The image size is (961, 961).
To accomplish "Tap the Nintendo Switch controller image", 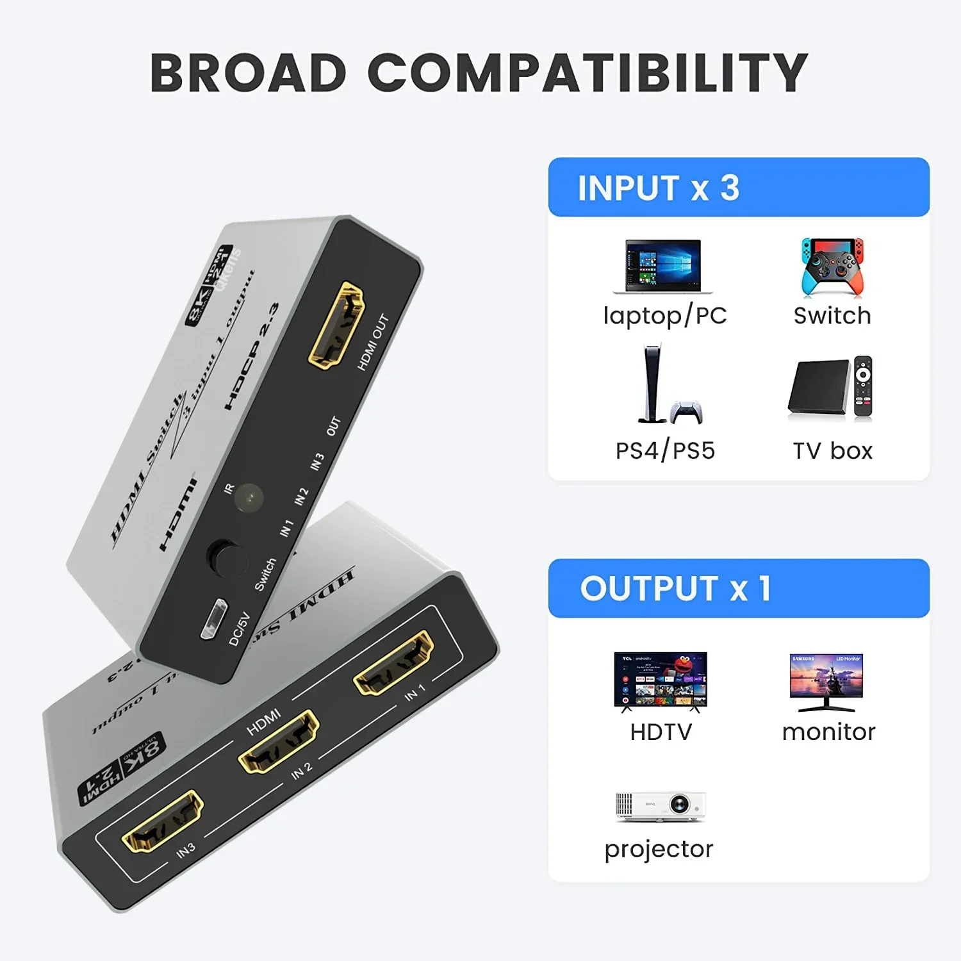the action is click(x=832, y=267).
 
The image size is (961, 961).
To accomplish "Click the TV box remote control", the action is click(x=863, y=388).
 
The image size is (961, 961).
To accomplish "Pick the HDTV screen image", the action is click(x=661, y=680).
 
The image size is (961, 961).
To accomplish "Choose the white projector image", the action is click(x=661, y=807).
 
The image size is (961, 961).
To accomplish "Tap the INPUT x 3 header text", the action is click(x=659, y=188).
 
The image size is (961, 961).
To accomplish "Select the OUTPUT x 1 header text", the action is click(x=675, y=588).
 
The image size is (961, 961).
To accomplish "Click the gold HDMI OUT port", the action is click(x=336, y=325).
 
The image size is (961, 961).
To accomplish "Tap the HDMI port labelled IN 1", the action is click(x=393, y=662).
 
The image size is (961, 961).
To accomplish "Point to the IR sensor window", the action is click(x=249, y=498).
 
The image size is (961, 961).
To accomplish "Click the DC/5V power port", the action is click(x=213, y=619).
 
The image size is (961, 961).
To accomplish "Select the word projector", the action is click(x=659, y=849).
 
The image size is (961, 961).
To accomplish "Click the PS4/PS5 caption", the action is click(x=665, y=450).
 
